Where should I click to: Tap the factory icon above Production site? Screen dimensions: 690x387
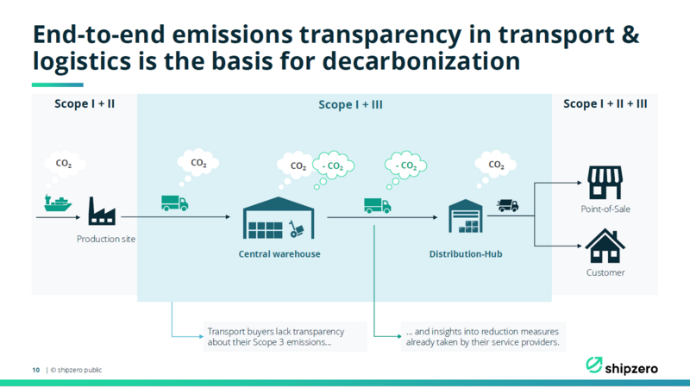(x=102, y=211)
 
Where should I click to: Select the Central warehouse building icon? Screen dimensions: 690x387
(x=279, y=218)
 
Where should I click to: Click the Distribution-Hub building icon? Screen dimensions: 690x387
(x=466, y=215)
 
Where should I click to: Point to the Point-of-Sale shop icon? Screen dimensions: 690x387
(x=605, y=183)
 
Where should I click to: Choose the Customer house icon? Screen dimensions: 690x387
(x=605, y=246)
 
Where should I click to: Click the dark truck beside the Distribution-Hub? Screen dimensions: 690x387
(x=508, y=205)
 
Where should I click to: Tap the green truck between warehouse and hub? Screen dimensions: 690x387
(x=378, y=205)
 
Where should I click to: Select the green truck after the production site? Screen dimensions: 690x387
(x=175, y=203)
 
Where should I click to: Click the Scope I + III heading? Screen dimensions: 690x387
(x=350, y=104)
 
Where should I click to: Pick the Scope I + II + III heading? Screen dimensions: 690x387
(x=605, y=103)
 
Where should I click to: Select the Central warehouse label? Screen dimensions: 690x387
(x=279, y=253)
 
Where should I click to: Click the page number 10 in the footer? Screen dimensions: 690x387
(x=35, y=370)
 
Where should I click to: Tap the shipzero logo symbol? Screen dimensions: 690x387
(x=593, y=365)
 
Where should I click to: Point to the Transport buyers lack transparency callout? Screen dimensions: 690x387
(x=285, y=336)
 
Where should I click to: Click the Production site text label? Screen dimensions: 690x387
(x=106, y=239)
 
